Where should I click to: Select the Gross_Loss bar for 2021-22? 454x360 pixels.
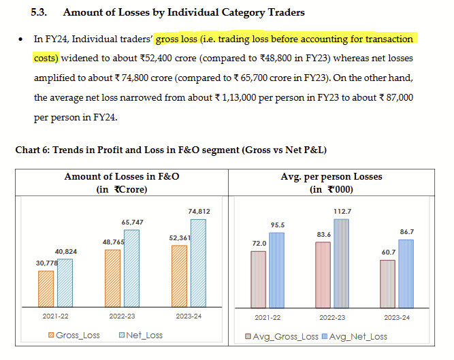(46, 289)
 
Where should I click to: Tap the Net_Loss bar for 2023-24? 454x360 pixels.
(198, 263)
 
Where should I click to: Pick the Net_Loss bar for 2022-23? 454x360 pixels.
(131, 268)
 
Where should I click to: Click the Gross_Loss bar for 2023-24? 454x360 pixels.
(180, 276)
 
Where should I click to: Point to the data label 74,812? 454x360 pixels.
(199, 212)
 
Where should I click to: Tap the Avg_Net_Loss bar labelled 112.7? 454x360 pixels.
(341, 263)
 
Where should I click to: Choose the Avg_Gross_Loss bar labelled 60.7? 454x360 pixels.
(387, 283)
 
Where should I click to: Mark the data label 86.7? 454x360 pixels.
(406, 232)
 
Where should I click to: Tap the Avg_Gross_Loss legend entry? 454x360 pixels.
(281, 336)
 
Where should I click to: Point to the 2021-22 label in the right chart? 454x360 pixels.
(267, 316)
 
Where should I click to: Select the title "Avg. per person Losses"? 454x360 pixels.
(331, 176)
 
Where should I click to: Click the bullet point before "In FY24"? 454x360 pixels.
(22, 40)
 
